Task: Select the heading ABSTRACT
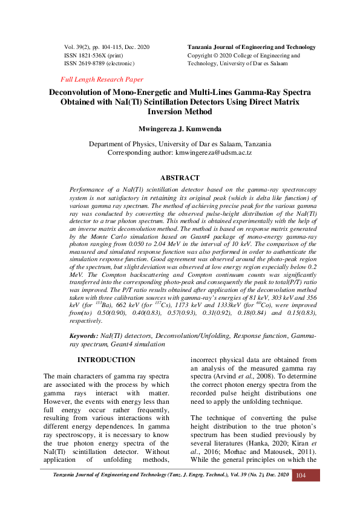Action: coord(180,178)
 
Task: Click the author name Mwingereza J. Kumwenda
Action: coord(180,129)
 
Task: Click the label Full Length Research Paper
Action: coord(102,79)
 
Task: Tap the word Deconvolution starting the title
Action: coord(82,92)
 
